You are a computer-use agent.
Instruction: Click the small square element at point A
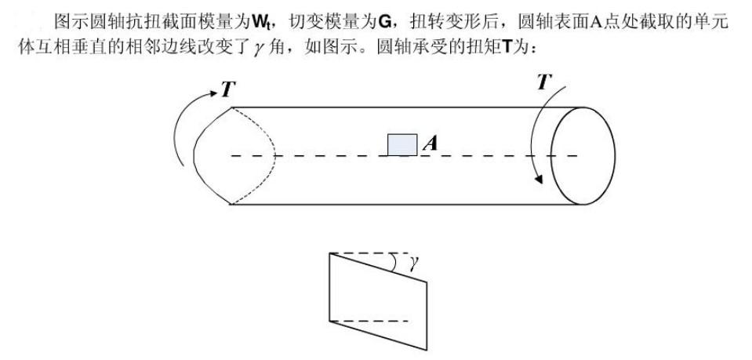[x=402, y=144]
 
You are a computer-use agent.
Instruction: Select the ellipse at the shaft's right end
[x=583, y=155]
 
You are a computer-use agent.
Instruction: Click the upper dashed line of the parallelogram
[x=369, y=253]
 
